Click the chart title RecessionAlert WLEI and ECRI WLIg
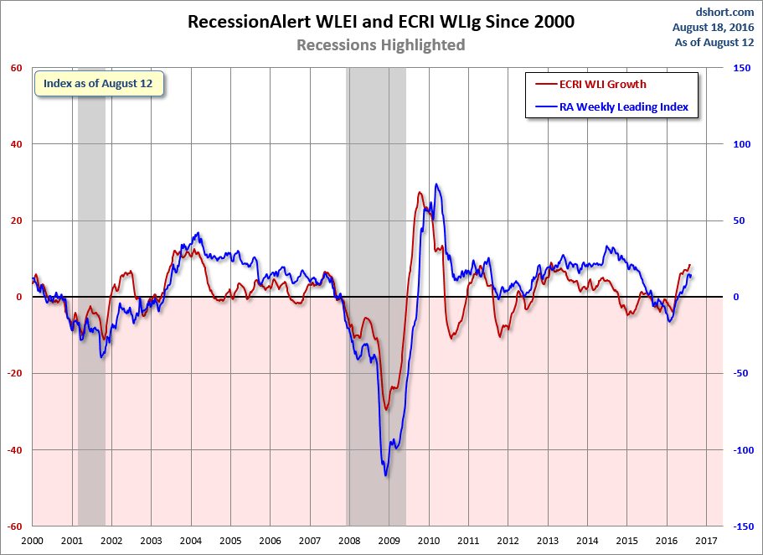[380, 22]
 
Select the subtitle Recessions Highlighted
[380, 45]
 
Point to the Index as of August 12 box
[98, 85]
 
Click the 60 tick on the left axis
[16, 68]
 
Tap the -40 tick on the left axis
[14, 450]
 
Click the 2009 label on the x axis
[389, 542]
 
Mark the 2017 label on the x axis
[705, 542]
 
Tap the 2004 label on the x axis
[191, 542]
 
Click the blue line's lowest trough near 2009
[386, 475]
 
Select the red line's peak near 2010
[420, 193]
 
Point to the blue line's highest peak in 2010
[436, 184]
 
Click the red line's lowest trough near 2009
[386, 409]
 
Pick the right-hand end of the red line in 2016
[691, 265]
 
